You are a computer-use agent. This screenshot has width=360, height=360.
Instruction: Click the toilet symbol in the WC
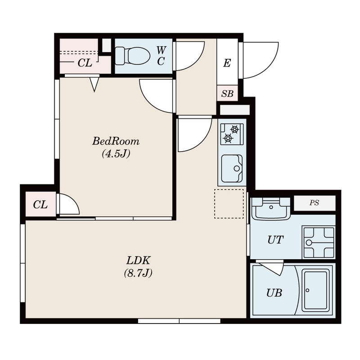pos(132,56)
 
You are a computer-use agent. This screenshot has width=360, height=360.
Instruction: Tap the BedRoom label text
pos(116,141)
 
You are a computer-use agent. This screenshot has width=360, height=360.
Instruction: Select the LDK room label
pos(139,261)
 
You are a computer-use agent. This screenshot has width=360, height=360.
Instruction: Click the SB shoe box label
pos(227,94)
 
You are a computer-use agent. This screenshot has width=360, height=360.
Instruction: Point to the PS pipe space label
pos(314,203)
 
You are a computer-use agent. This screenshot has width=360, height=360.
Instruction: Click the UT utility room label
pos(275,240)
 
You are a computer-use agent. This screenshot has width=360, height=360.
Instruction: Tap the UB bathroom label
pos(274,293)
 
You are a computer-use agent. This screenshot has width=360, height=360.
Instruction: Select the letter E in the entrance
pos(227,63)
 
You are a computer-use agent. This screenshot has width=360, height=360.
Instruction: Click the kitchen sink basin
pos(232,168)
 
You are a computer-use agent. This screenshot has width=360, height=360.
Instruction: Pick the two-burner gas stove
pos(232,134)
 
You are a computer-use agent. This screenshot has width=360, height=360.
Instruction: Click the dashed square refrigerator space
pos(229,204)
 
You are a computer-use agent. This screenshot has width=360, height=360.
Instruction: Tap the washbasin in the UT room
pos(271,208)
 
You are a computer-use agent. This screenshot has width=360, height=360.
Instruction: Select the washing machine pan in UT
pos(319,243)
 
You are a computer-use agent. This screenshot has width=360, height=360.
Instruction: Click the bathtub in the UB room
pos(315,290)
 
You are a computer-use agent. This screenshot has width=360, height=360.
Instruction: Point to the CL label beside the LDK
pos(40,205)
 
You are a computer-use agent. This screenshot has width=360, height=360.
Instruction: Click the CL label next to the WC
pos(85,63)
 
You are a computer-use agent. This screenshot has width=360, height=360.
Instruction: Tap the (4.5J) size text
pos(116,153)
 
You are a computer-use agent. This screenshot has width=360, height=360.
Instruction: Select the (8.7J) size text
pos(139,273)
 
